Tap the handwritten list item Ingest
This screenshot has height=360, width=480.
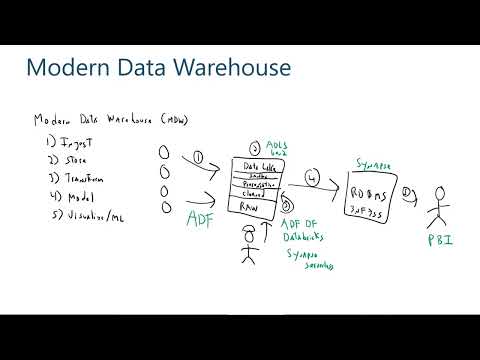point(57,141)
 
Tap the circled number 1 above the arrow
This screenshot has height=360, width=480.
point(199,157)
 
